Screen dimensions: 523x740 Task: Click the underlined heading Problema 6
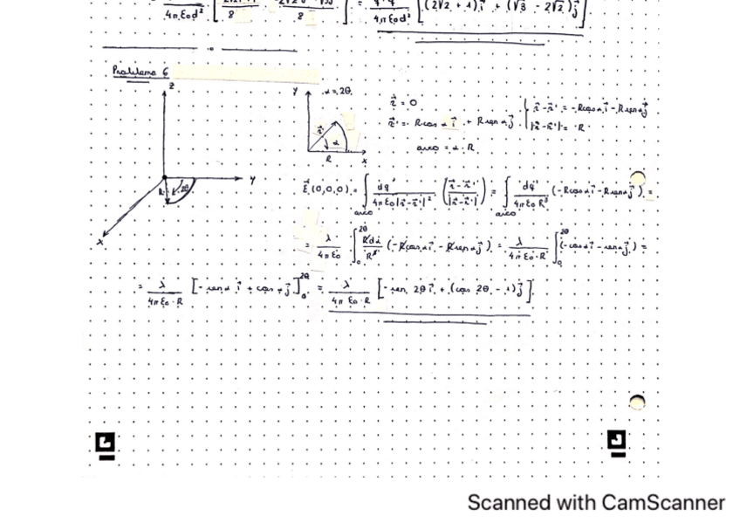140,72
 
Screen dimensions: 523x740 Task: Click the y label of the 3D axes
251,180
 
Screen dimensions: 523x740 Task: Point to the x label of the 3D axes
100,242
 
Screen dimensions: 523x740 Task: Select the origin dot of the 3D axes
163,179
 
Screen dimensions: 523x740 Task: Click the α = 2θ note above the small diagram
336,92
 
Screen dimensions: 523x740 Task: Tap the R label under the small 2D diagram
328,160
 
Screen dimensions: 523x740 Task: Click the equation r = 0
402,103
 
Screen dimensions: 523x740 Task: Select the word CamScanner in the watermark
662,503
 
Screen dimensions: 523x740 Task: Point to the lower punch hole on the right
638,402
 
